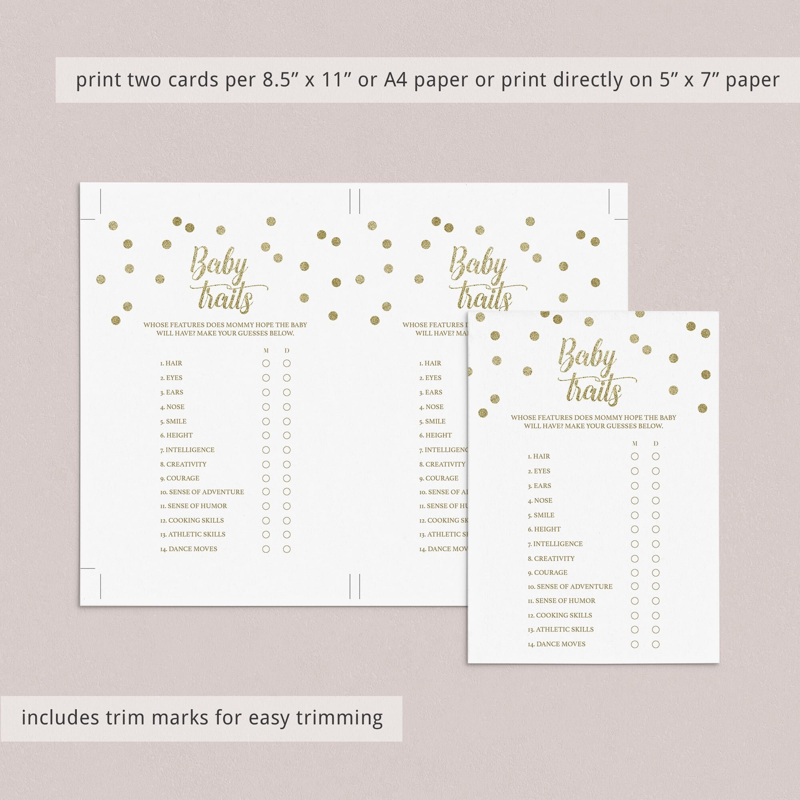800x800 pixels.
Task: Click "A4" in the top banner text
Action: tap(396, 80)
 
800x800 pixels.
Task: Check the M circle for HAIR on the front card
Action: tap(634, 456)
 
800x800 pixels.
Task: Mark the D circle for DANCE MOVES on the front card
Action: tap(656, 644)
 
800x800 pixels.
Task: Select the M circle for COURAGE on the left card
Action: tap(266, 478)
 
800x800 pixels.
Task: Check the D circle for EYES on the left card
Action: tap(286, 378)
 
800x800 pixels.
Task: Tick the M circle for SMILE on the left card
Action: tap(266, 422)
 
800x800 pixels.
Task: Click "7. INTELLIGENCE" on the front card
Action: tap(555, 544)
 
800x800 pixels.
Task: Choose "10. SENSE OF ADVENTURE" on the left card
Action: tap(202, 492)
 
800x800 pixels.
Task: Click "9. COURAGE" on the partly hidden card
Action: tap(438, 478)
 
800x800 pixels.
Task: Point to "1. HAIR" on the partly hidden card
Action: tap(430, 363)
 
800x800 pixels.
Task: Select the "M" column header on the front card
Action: tap(635, 444)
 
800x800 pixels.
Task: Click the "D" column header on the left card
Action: tap(286, 351)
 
